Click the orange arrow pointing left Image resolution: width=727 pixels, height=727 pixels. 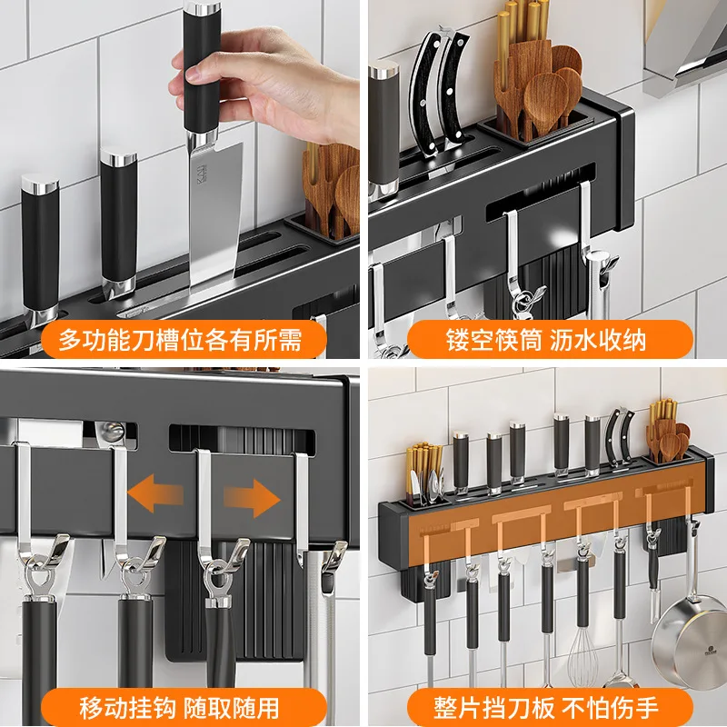click(154, 495)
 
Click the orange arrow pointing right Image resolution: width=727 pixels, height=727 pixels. click(253, 498)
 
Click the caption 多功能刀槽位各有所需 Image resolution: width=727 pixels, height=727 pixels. click(180, 340)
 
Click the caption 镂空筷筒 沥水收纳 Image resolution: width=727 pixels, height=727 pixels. click(546, 340)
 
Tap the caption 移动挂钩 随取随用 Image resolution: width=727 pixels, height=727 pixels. click(179, 708)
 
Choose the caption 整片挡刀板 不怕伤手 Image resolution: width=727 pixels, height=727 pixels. click(546, 708)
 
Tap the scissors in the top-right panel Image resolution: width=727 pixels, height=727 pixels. click(438, 93)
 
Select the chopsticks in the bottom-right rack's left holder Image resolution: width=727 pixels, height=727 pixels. click(423, 468)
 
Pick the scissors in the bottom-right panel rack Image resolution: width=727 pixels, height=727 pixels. click(620, 437)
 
